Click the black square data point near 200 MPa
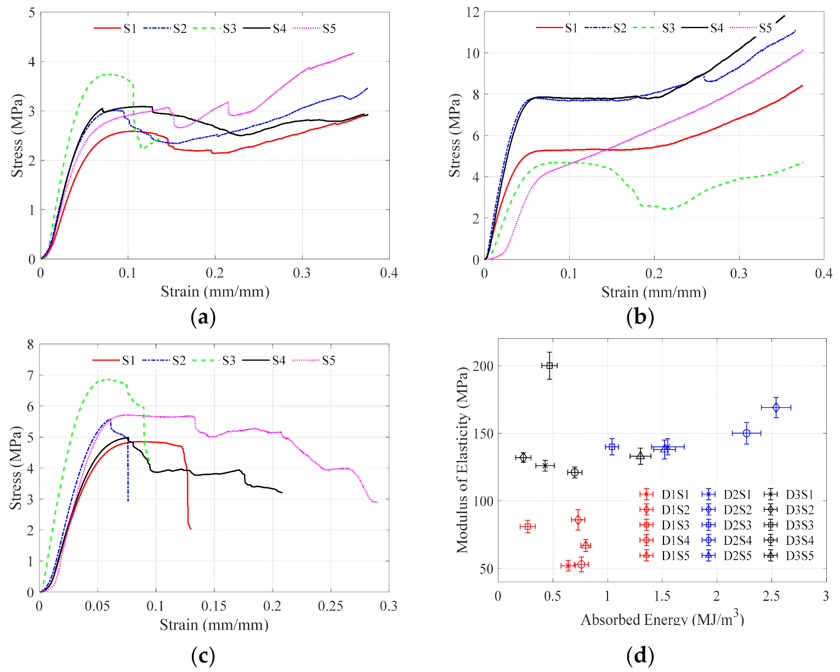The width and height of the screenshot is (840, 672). (549, 366)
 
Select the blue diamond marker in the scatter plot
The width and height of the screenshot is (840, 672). (776, 407)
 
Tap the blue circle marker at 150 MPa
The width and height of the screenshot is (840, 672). (746, 433)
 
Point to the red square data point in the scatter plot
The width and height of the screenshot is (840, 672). (527, 526)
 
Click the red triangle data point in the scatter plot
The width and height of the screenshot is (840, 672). (586, 545)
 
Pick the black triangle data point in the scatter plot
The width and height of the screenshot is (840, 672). (640, 455)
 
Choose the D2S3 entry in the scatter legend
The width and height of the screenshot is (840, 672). (727, 525)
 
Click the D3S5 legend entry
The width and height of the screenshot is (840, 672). (789, 556)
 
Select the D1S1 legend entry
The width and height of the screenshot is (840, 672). (665, 494)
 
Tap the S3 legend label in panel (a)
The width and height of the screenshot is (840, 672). (230, 29)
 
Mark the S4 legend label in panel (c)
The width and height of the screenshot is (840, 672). (279, 361)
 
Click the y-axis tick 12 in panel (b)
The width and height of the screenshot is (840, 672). (473, 13)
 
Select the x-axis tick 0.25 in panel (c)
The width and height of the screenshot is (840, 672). (331, 606)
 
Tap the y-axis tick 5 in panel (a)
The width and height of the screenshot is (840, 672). (32, 13)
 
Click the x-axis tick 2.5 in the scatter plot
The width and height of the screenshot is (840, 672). (771, 596)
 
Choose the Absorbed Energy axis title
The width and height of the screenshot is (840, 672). (662, 619)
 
